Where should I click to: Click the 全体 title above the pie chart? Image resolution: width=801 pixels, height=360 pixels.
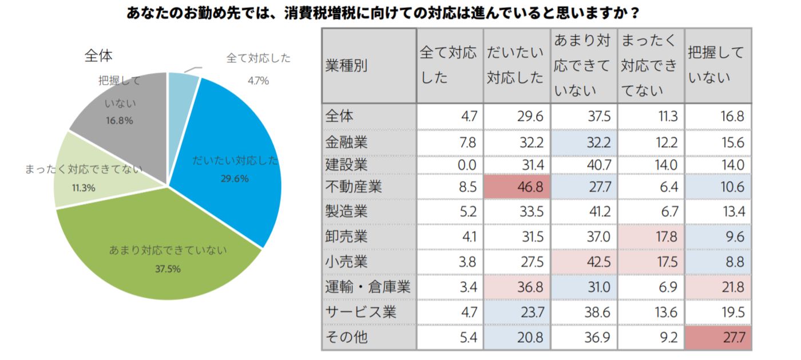point(98,56)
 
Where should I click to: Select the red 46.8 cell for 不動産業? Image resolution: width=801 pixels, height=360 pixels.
point(517,187)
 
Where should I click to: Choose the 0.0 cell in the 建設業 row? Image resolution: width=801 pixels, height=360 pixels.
point(450,165)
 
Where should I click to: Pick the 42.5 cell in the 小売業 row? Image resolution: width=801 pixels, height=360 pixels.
point(584,262)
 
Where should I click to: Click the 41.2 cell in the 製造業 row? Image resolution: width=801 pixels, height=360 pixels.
point(584,212)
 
